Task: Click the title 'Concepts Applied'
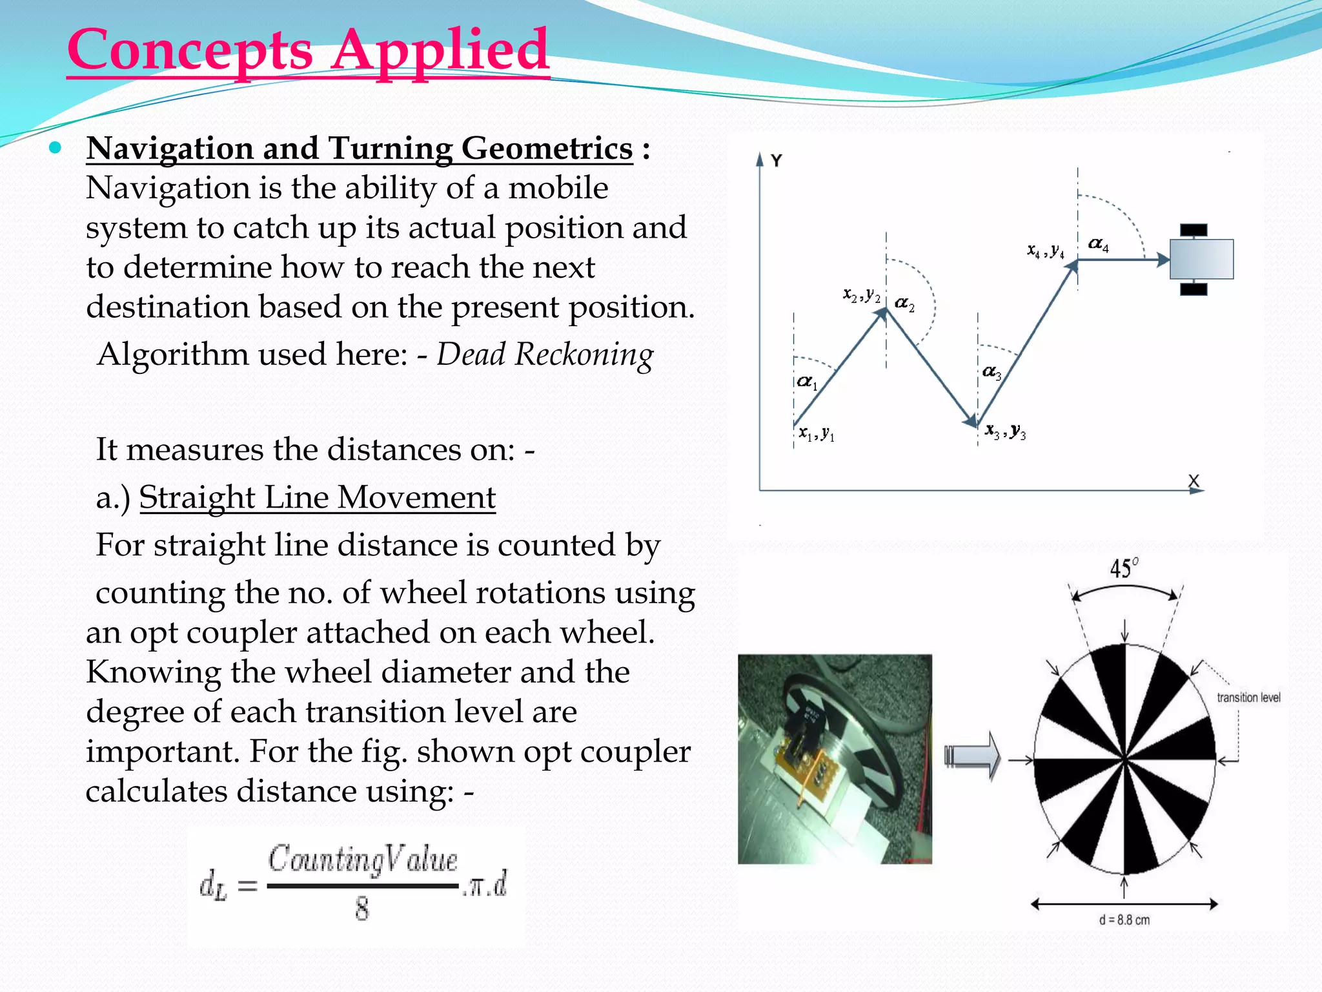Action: (308, 50)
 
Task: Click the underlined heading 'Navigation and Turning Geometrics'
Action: (360, 149)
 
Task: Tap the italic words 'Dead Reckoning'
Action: (545, 355)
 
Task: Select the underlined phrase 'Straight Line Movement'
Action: (317, 498)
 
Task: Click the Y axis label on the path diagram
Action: (777, 161)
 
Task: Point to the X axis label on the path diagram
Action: (1193, 480)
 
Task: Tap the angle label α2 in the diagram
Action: (904, 304)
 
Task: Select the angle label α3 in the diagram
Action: (991, 372)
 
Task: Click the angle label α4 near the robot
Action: (1098, 245)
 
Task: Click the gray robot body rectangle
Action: (1201, 259)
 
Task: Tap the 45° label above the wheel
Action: (1124, 568)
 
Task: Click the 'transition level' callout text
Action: (1248, 697)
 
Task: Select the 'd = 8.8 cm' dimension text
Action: (1124, 920)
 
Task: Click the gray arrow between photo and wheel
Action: (973, 756)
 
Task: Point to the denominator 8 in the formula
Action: (361, 909)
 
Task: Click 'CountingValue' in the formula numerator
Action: (362, 860)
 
